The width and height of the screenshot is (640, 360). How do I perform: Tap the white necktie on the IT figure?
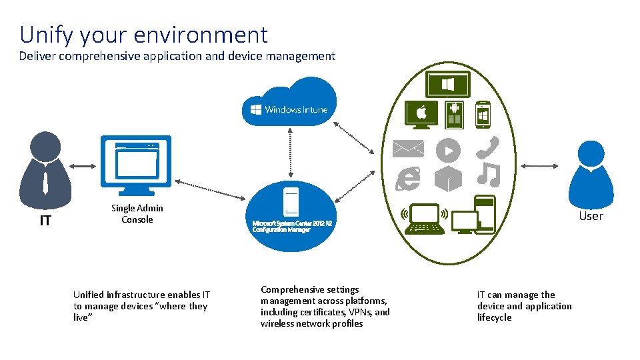[x=45, y=183]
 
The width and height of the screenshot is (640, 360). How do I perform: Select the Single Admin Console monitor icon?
[x=136, y=166]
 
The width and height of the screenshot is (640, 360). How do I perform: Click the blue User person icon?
[x=591, y=175]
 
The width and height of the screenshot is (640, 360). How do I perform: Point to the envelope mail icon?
[x=408, y=149]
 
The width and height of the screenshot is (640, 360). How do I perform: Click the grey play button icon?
[x=448, y=151]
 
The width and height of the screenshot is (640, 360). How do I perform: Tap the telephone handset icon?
[x=487, y=147]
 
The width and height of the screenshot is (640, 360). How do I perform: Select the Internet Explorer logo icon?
[x=408, y=179]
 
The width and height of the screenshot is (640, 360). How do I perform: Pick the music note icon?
[x=489, y=175]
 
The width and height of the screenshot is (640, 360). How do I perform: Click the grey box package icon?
[x=448, y=179]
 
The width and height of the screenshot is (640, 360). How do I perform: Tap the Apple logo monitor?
[x=421, y=115]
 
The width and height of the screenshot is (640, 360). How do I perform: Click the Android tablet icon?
[x=454, y=114]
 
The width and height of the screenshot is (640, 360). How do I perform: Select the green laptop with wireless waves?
[x=425, y=219]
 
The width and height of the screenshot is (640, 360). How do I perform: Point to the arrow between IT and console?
[x=83, y=166]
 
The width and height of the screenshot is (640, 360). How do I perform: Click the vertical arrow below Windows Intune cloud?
[x=290, y=153]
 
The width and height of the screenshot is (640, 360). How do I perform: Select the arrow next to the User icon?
[x=539, y=166]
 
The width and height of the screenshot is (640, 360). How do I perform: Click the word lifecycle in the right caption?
[x=494, y=317]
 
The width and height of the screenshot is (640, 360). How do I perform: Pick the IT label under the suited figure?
[x=45, y=221]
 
